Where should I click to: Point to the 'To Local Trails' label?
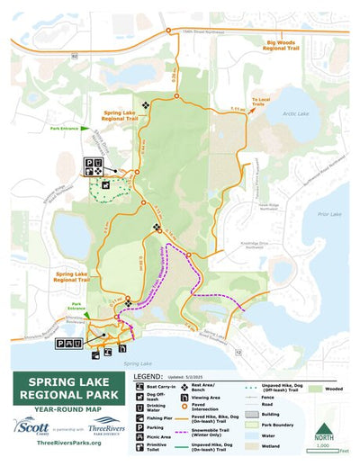coord(260,102)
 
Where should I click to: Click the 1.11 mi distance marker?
coord(237,109)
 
